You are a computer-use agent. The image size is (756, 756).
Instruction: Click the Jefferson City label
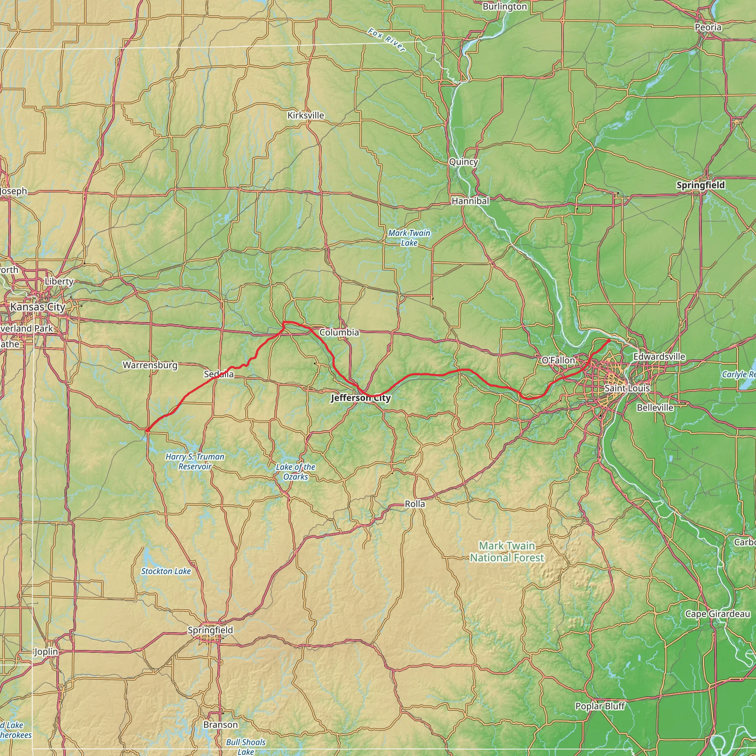click(360, 398)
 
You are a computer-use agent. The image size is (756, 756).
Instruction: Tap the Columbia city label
click(339, 333)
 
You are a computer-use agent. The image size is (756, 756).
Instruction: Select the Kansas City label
click(38, 307)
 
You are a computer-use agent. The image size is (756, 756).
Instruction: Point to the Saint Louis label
click(627, 388)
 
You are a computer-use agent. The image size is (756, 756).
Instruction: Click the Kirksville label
click(306, 116)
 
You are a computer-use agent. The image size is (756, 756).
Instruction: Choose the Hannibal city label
click(470, 201)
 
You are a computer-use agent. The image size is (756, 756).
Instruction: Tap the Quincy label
click(463, 162)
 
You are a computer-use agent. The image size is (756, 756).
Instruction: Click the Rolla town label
click(415, 504)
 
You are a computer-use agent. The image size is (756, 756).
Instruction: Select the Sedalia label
click(219, 374)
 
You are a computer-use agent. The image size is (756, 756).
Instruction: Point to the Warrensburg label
click(150, 365)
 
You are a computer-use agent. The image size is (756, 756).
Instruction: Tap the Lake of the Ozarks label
click(295, 471)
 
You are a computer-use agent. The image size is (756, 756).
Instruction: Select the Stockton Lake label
click(166, 571)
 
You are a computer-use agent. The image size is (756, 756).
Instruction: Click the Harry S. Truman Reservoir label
click(195, 461)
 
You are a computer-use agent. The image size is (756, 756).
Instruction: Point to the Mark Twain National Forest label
click(507, 551)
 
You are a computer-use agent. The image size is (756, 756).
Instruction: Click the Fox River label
click(386, 40)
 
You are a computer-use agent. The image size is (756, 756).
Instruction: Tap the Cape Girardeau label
click(717, 614)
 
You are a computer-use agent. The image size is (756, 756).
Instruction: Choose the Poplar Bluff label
click(600, 706)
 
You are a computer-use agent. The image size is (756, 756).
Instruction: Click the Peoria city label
click(708, 27)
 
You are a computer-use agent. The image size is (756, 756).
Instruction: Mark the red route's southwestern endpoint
click(147, 430)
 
